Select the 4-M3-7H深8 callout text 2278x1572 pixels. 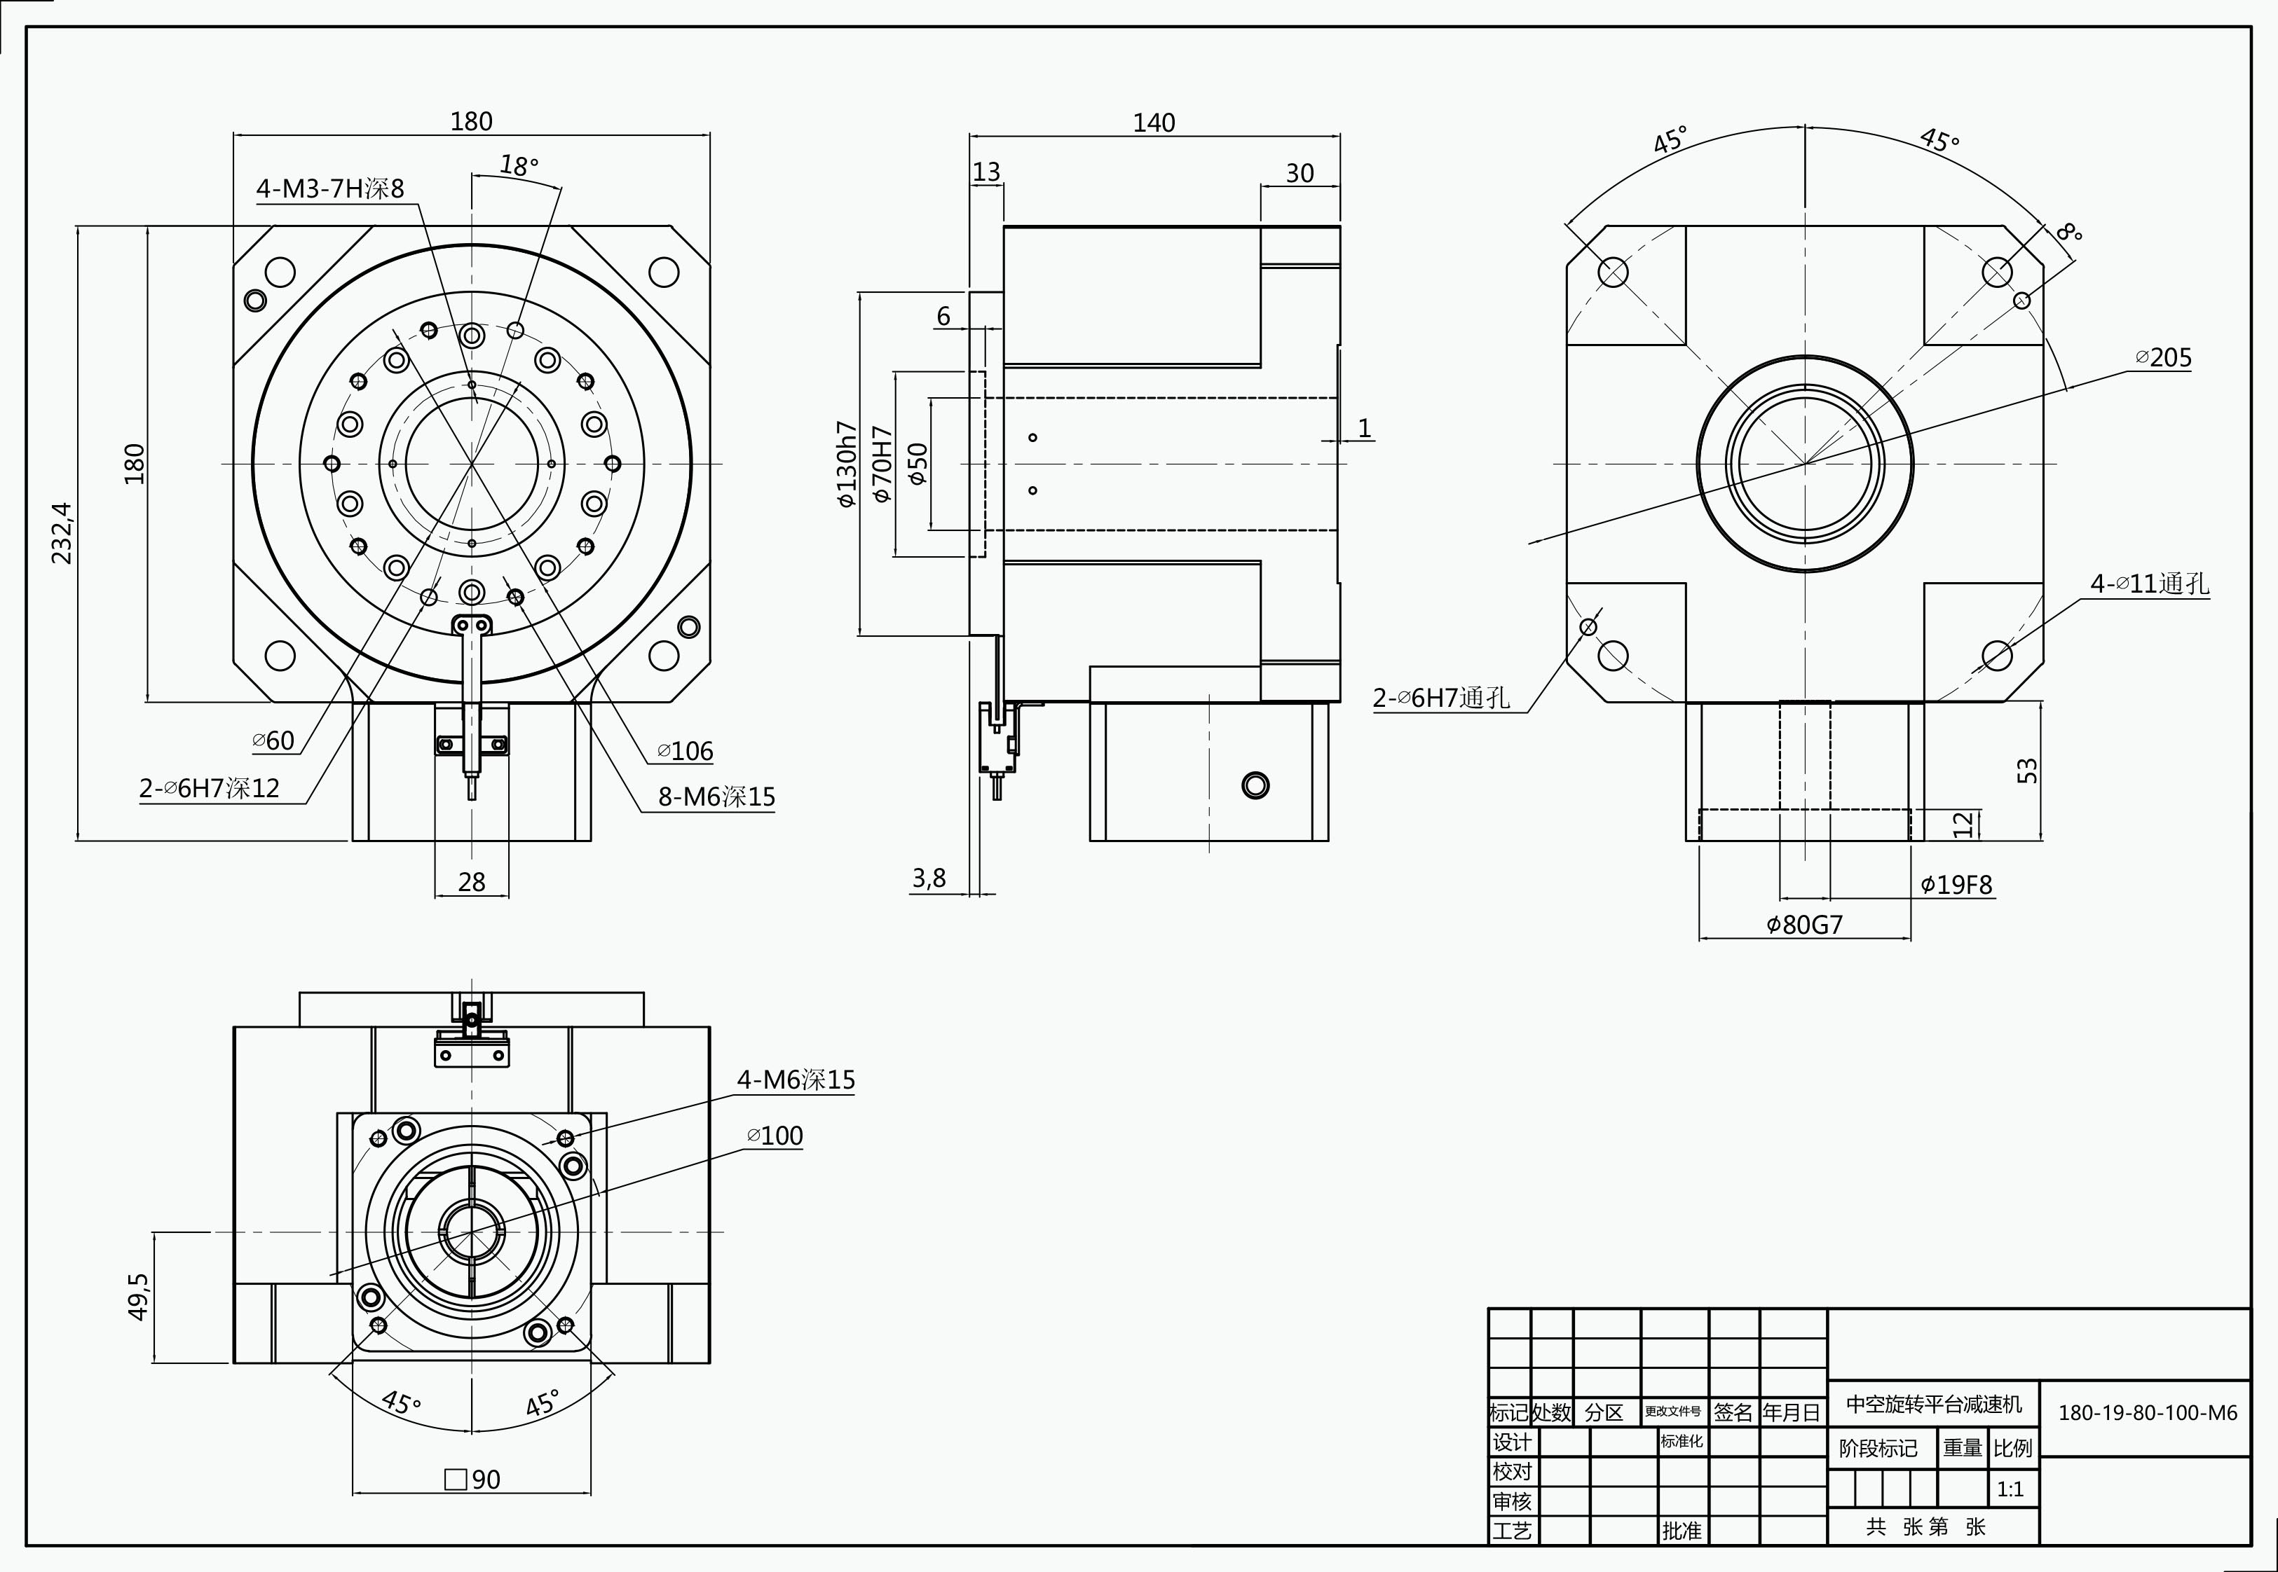[x=330, y=188]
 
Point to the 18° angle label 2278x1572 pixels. [x=519, y=165]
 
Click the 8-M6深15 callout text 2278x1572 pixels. [x=716, y=797]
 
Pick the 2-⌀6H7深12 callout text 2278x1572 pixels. [x=209, y=788]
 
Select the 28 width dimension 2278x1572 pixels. [x=472, y=881]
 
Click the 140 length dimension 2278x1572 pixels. [x=1154, y=123]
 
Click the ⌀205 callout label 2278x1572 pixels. [x=2164, y=357]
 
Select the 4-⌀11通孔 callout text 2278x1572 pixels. [x=2150, y=584]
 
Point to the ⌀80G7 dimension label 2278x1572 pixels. [x=1805, y=925]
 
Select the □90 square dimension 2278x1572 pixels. [x=473, y=1480]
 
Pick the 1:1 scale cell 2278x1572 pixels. [x=2010, y=1489]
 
